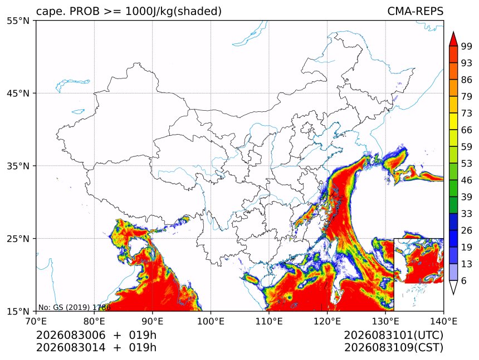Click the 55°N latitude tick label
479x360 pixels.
pos(18,21)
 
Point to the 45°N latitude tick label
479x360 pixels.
pos(18,93)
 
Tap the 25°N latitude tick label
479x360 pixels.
pos(18,239)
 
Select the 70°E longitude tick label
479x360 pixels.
pos(36,321)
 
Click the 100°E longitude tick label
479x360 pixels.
pos(211,321)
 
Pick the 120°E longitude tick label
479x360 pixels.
pos(327,321)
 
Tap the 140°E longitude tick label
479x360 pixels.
pos(443,321)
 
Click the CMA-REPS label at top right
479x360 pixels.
pos(415,11)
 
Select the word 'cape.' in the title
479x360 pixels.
pos(50,12)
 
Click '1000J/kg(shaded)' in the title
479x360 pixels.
pos(174,12)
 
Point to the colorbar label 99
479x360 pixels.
pos(467,46)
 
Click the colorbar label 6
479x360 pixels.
pos(464,280)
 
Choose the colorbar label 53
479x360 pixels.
pos(467,164)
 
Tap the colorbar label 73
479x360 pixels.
pos(467,114)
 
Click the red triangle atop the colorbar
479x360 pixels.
pos(453,40)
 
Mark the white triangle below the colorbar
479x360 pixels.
pos(453,286)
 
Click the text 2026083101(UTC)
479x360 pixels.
pos(393,335)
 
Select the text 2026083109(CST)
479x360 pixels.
pos(393,348)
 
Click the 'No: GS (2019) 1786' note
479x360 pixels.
pos(74,307)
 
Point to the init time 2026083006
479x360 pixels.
pos(71,335)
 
